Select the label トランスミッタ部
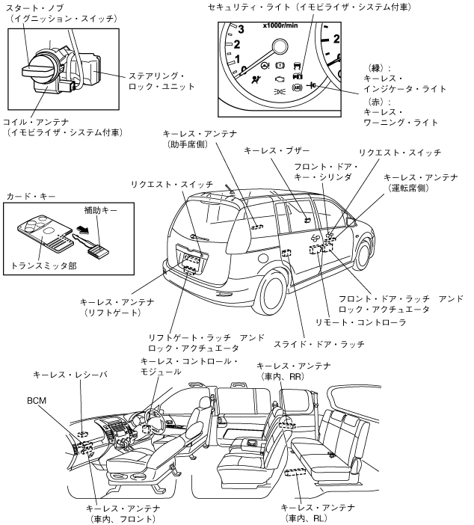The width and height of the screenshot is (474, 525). click(x=44, y=265)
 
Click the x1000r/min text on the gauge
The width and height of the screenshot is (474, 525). click(x=280, y=25)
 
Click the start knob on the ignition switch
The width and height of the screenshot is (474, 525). click(x=35, y=71)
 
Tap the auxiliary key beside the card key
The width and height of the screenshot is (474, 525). click(x=95, y=247)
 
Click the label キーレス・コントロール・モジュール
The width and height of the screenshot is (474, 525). click(x=189, y=367)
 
